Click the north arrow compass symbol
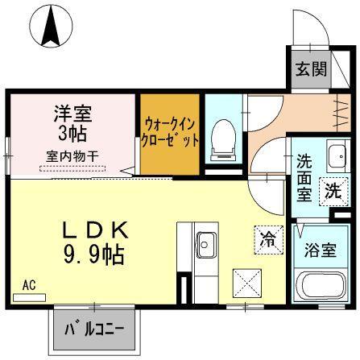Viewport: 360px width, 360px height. [x=51, y=27]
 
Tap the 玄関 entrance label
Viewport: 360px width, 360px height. [x=311, y=69]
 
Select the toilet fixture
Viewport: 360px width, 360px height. [x=223, y=140]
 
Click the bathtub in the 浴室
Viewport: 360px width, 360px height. [x=321, y=285]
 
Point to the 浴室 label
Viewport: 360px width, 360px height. [x=320, y=250]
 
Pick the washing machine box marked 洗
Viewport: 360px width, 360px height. [x=333, y=192]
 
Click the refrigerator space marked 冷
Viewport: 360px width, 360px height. [x=269, y=240]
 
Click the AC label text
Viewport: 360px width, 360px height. [x=29, y=285]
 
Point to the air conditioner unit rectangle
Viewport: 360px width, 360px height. [x=30, y=298]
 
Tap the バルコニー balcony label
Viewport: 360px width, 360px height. [x=94, y=329]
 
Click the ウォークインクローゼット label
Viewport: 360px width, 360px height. [x=170, y=132]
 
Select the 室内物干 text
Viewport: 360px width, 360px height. [x=72, y=156]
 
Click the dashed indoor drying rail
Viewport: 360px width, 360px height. [x=72, y=168]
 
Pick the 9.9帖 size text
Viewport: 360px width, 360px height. [x=93, y=254]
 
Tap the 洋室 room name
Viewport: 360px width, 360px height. [x=73, y=114]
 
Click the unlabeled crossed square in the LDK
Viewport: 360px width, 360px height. [x=247, y=283]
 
